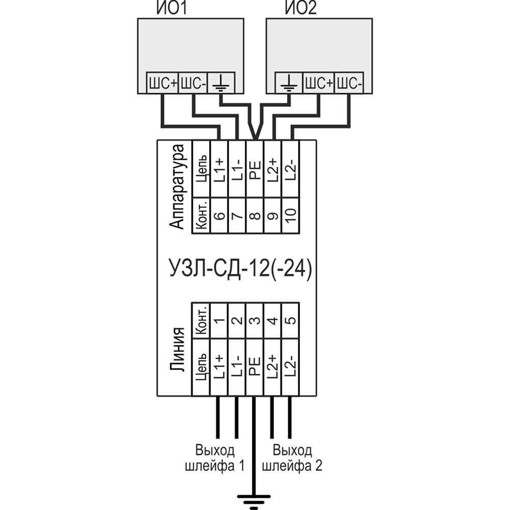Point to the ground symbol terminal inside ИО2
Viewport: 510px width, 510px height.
289,83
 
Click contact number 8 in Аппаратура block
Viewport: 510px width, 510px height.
254,216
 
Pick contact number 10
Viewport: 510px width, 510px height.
290,216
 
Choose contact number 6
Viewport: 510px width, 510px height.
219,216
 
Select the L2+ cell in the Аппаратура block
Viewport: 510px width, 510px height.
273,168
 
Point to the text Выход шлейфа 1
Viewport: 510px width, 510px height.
215,458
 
